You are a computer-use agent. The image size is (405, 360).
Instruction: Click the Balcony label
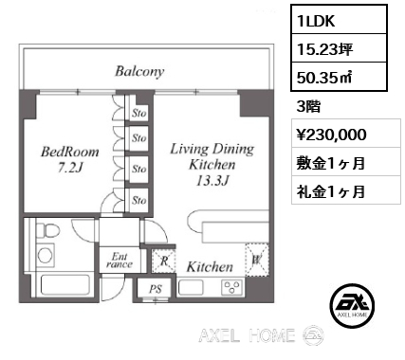(x=139, y=71)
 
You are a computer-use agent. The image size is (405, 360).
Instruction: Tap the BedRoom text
(x=64, y=151)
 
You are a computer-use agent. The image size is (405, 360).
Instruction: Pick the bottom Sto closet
(x=139, y=199)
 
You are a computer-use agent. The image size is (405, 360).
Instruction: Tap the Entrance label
(x=120, y=260)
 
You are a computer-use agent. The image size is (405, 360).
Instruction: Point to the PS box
(x=156, y=289)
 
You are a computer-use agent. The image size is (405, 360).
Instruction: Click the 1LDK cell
(x=313, y=19)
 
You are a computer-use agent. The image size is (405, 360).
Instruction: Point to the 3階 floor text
(x=309, y=105)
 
